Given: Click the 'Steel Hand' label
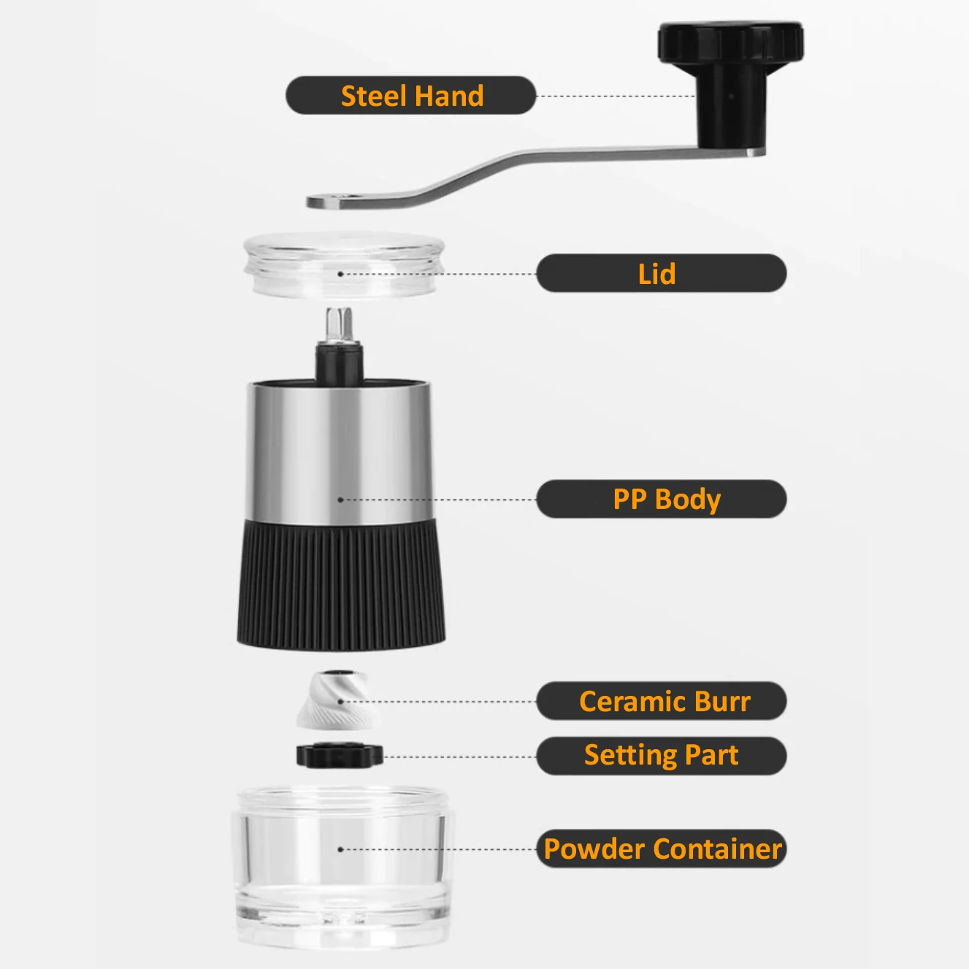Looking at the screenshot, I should (x=411, y=96).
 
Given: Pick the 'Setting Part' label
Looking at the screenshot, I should (x=661, y=756).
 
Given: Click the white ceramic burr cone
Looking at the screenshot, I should (x=337, y=702).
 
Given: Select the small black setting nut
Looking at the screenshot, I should (x=340, y=756).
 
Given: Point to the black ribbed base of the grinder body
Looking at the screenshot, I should (x=341, y=584).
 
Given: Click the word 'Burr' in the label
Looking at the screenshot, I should (x=722, y=702).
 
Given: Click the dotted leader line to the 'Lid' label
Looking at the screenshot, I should (x=438, y=274).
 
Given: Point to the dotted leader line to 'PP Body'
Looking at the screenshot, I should (x=438, y=499).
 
